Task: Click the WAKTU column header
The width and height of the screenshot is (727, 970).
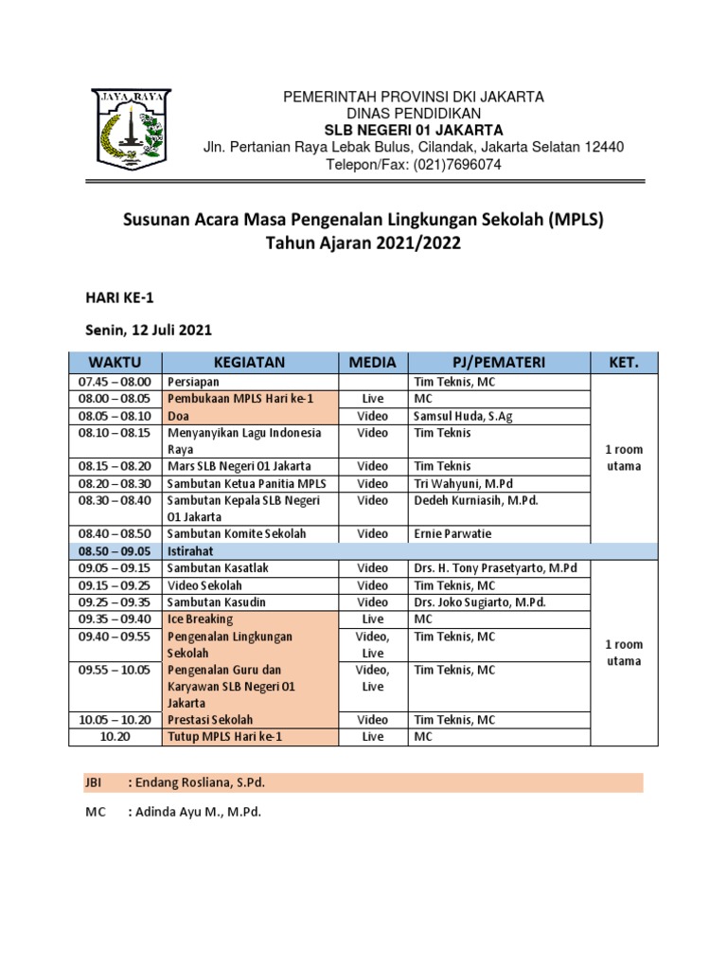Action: point(115,361)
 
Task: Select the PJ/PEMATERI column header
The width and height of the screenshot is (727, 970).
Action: point(498,361)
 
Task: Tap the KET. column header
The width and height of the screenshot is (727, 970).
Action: point(623,361)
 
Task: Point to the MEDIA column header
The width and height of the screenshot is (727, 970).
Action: point(372,361)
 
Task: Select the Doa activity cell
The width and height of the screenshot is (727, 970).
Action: point(177,416)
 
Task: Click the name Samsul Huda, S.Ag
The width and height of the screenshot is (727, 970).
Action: point(461,416)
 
